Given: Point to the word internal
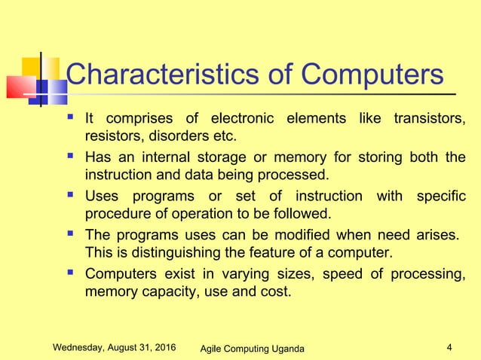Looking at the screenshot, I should pos(162,157).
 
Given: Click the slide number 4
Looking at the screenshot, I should pos(449,348).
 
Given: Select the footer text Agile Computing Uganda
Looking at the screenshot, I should pos(254,349).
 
